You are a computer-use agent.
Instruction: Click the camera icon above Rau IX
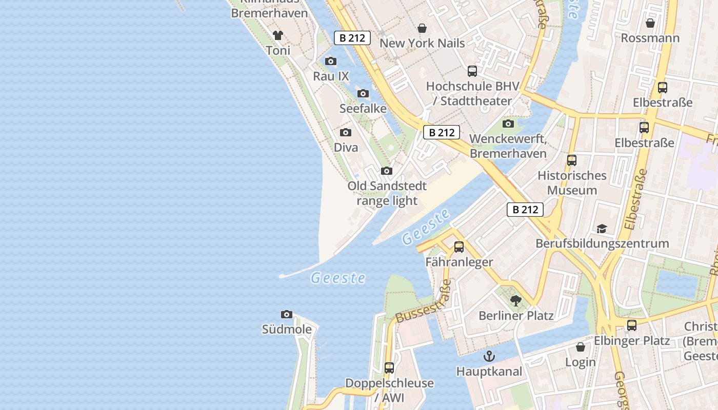331,61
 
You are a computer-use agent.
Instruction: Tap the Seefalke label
363,109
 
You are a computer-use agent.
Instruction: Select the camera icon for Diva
346,133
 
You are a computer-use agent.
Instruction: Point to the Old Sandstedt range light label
387,193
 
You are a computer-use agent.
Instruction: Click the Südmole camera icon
287,314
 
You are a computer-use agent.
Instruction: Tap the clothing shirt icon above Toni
277,35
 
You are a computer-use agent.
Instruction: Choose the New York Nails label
422,43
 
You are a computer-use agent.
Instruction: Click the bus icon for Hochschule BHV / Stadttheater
472,71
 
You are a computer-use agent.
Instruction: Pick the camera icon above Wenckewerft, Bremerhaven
508,124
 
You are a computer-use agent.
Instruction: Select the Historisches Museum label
572,183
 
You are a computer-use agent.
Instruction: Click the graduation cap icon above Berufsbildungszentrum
602,229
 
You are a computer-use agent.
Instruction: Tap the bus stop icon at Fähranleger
459,247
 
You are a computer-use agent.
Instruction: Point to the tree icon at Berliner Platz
516,301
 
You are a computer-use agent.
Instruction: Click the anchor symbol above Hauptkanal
489,356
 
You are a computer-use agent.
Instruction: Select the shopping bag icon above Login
581,347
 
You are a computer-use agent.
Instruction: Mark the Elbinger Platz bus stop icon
632,325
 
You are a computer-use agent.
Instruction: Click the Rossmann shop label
650,38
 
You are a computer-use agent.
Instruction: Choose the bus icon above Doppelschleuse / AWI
389,368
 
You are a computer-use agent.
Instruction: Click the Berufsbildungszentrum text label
602,243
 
